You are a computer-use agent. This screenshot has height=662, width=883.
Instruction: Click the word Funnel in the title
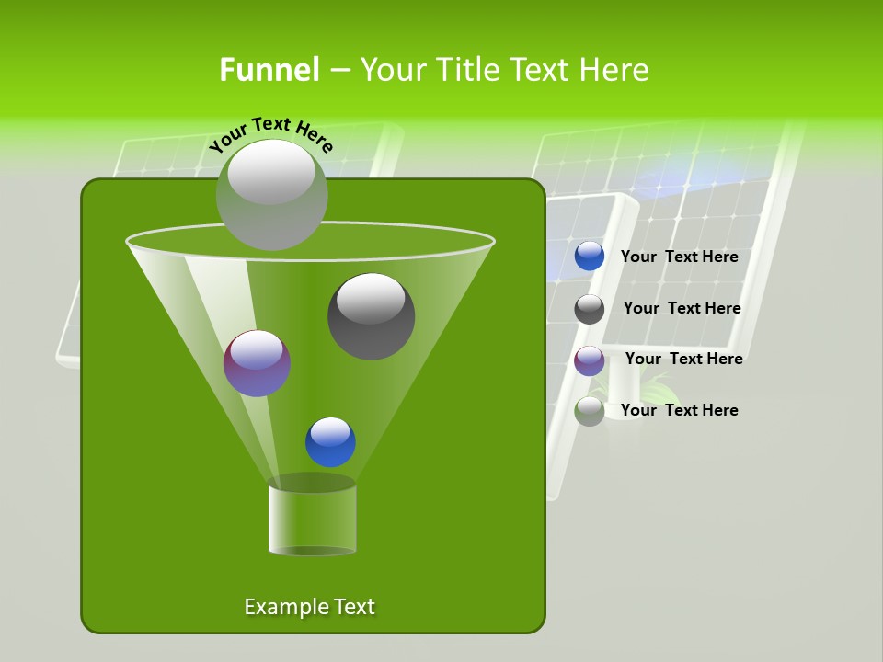269,70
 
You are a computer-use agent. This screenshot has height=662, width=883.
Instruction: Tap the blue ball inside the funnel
330,442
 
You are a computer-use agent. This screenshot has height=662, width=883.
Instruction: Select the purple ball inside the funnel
257,363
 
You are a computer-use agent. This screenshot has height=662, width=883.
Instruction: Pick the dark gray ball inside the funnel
371,316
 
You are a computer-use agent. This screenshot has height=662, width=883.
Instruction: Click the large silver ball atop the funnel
271,194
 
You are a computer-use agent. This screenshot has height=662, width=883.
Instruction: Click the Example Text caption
309,607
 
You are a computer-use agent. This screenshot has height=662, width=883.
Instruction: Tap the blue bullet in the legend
590,257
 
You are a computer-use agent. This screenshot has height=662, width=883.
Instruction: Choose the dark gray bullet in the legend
590,309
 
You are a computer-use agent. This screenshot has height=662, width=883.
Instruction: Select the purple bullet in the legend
590,360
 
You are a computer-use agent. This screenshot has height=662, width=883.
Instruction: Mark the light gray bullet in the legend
590,411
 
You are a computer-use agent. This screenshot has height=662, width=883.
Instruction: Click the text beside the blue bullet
679,257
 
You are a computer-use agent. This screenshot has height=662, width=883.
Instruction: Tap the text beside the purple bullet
683,360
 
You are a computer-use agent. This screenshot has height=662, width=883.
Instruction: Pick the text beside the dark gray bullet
682,309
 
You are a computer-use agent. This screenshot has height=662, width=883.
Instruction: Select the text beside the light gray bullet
679,410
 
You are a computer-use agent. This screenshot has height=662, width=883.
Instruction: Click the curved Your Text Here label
270,132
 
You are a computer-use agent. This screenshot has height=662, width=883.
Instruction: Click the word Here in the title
614,70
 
